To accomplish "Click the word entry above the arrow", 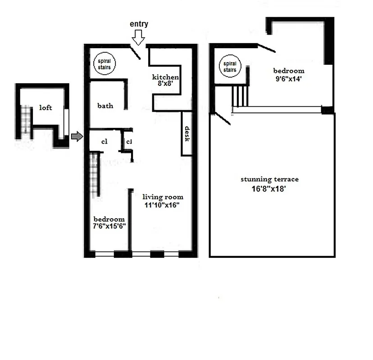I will pos(139,24).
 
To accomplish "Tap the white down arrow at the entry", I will pos(139,37).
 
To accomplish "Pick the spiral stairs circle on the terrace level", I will pos(230,67).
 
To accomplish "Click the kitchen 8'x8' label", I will pos(165,80).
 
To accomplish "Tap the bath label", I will pos(105,106).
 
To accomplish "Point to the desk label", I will pos(187,134).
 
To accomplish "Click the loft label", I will pos(45,108).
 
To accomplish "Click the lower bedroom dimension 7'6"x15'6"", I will pos(109,226).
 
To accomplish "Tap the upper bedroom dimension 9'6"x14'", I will pos(289,77).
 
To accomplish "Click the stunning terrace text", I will pos(269,179).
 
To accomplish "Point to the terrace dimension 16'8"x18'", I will pos(269,189).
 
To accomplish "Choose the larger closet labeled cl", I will pos(104,141).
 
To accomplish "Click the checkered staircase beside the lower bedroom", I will pos(94,174).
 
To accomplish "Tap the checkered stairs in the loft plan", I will pos(26,121).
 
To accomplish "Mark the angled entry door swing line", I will pos(136,53).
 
